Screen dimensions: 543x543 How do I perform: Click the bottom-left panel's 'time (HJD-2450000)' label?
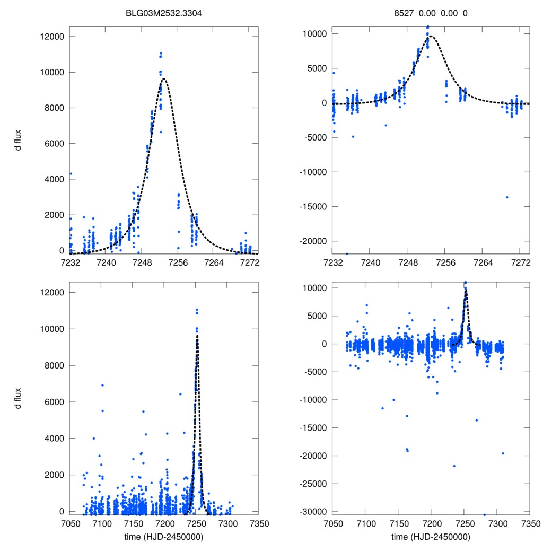click(x=164, y=537)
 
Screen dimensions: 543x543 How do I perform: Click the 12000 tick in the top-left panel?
click(x=53, y=37)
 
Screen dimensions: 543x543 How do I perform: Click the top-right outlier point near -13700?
click(x=507, y=197)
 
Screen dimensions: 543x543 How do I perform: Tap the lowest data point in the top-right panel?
click(x=347, y=254)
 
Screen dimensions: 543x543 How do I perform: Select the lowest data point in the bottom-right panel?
click(x=484, y=514)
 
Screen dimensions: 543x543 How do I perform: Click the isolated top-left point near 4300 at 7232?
click(x=71, y=174)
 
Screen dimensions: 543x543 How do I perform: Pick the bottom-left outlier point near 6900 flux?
click(x=102, y=386)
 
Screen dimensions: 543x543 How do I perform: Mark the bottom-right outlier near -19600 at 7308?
click(x=502, y=453)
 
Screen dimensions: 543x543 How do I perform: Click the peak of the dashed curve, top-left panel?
click(x=164, y=79)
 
